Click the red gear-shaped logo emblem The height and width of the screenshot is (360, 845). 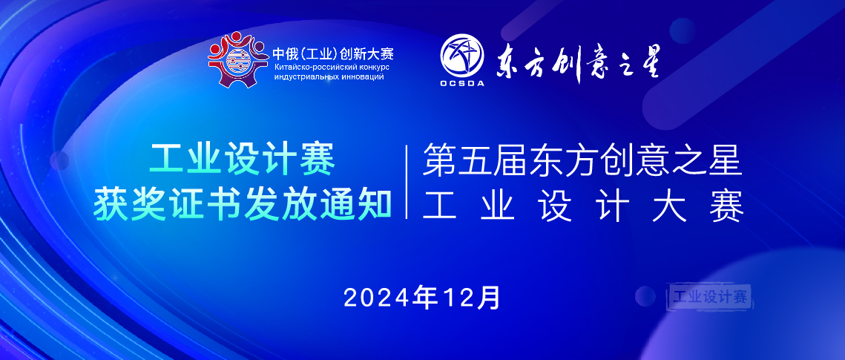(x=237, y=59)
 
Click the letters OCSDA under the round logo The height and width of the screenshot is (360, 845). (x=461, y=83)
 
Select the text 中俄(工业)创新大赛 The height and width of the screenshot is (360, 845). (x=332, y=54)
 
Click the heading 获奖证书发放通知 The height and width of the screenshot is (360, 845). (x=243, y=203)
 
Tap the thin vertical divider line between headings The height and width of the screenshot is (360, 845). (x=407, y=182)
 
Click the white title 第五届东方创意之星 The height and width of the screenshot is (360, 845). (x=582, y=161)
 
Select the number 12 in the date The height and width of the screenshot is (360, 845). (x=458, y=298)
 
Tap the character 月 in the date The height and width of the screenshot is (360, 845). (x=490, y=298)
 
